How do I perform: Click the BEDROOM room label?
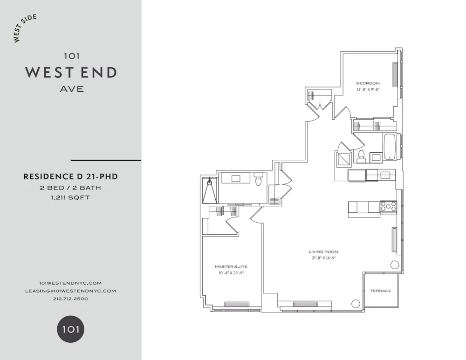pos(368,83)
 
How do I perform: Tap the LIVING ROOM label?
pos(323,252)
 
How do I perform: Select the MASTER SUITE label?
pos(231,267)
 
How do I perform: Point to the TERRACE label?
pos(381,291)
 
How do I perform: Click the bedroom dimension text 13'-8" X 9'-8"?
pos(368,89)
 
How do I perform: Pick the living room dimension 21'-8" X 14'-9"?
pos(323,258)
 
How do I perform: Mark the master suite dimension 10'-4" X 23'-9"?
pos(231,273)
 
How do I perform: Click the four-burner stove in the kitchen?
pos(388,206)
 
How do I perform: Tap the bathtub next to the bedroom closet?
pos(389,147)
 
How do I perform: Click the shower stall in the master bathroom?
pos(210,190)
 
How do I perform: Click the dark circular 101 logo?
pos(70,330)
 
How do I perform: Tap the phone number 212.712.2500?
pos(70,299)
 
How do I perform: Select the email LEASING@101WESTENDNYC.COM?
pos(70,291)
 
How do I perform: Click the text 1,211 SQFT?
pos(70,197)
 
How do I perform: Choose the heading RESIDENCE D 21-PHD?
pos(70,177)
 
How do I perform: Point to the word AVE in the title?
pos(72,89)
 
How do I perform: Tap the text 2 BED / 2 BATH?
pos(70,188)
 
